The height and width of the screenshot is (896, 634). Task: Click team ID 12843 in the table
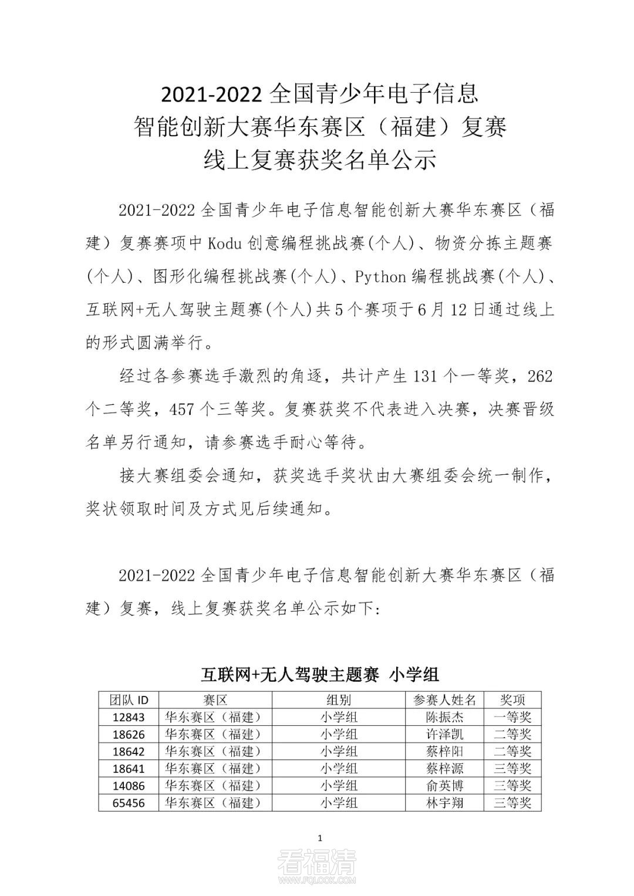tap(128, 717)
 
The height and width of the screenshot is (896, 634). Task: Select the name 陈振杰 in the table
tap(444, 717)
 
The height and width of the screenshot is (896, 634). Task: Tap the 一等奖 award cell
tap(512, 717)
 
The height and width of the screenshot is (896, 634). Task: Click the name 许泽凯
tap(444, 734)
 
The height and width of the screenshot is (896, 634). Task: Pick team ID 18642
tap(128, 751)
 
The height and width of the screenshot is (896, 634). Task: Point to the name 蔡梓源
tap(444, 768)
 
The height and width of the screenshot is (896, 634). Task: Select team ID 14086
tap(128, 785)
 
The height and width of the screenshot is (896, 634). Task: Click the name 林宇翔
tap(444, 802)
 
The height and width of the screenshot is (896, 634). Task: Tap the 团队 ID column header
tap(129, 699)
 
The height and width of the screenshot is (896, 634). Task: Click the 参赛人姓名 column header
tap(444, 699)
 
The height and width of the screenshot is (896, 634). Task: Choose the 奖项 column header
tap(512, 699)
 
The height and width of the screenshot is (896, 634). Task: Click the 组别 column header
tap(338, 699)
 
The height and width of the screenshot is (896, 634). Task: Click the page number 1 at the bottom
tap(319, 838)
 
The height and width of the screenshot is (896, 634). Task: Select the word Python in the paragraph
tap(380, 277)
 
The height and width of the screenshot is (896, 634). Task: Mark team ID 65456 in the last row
tap(128, 802)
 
